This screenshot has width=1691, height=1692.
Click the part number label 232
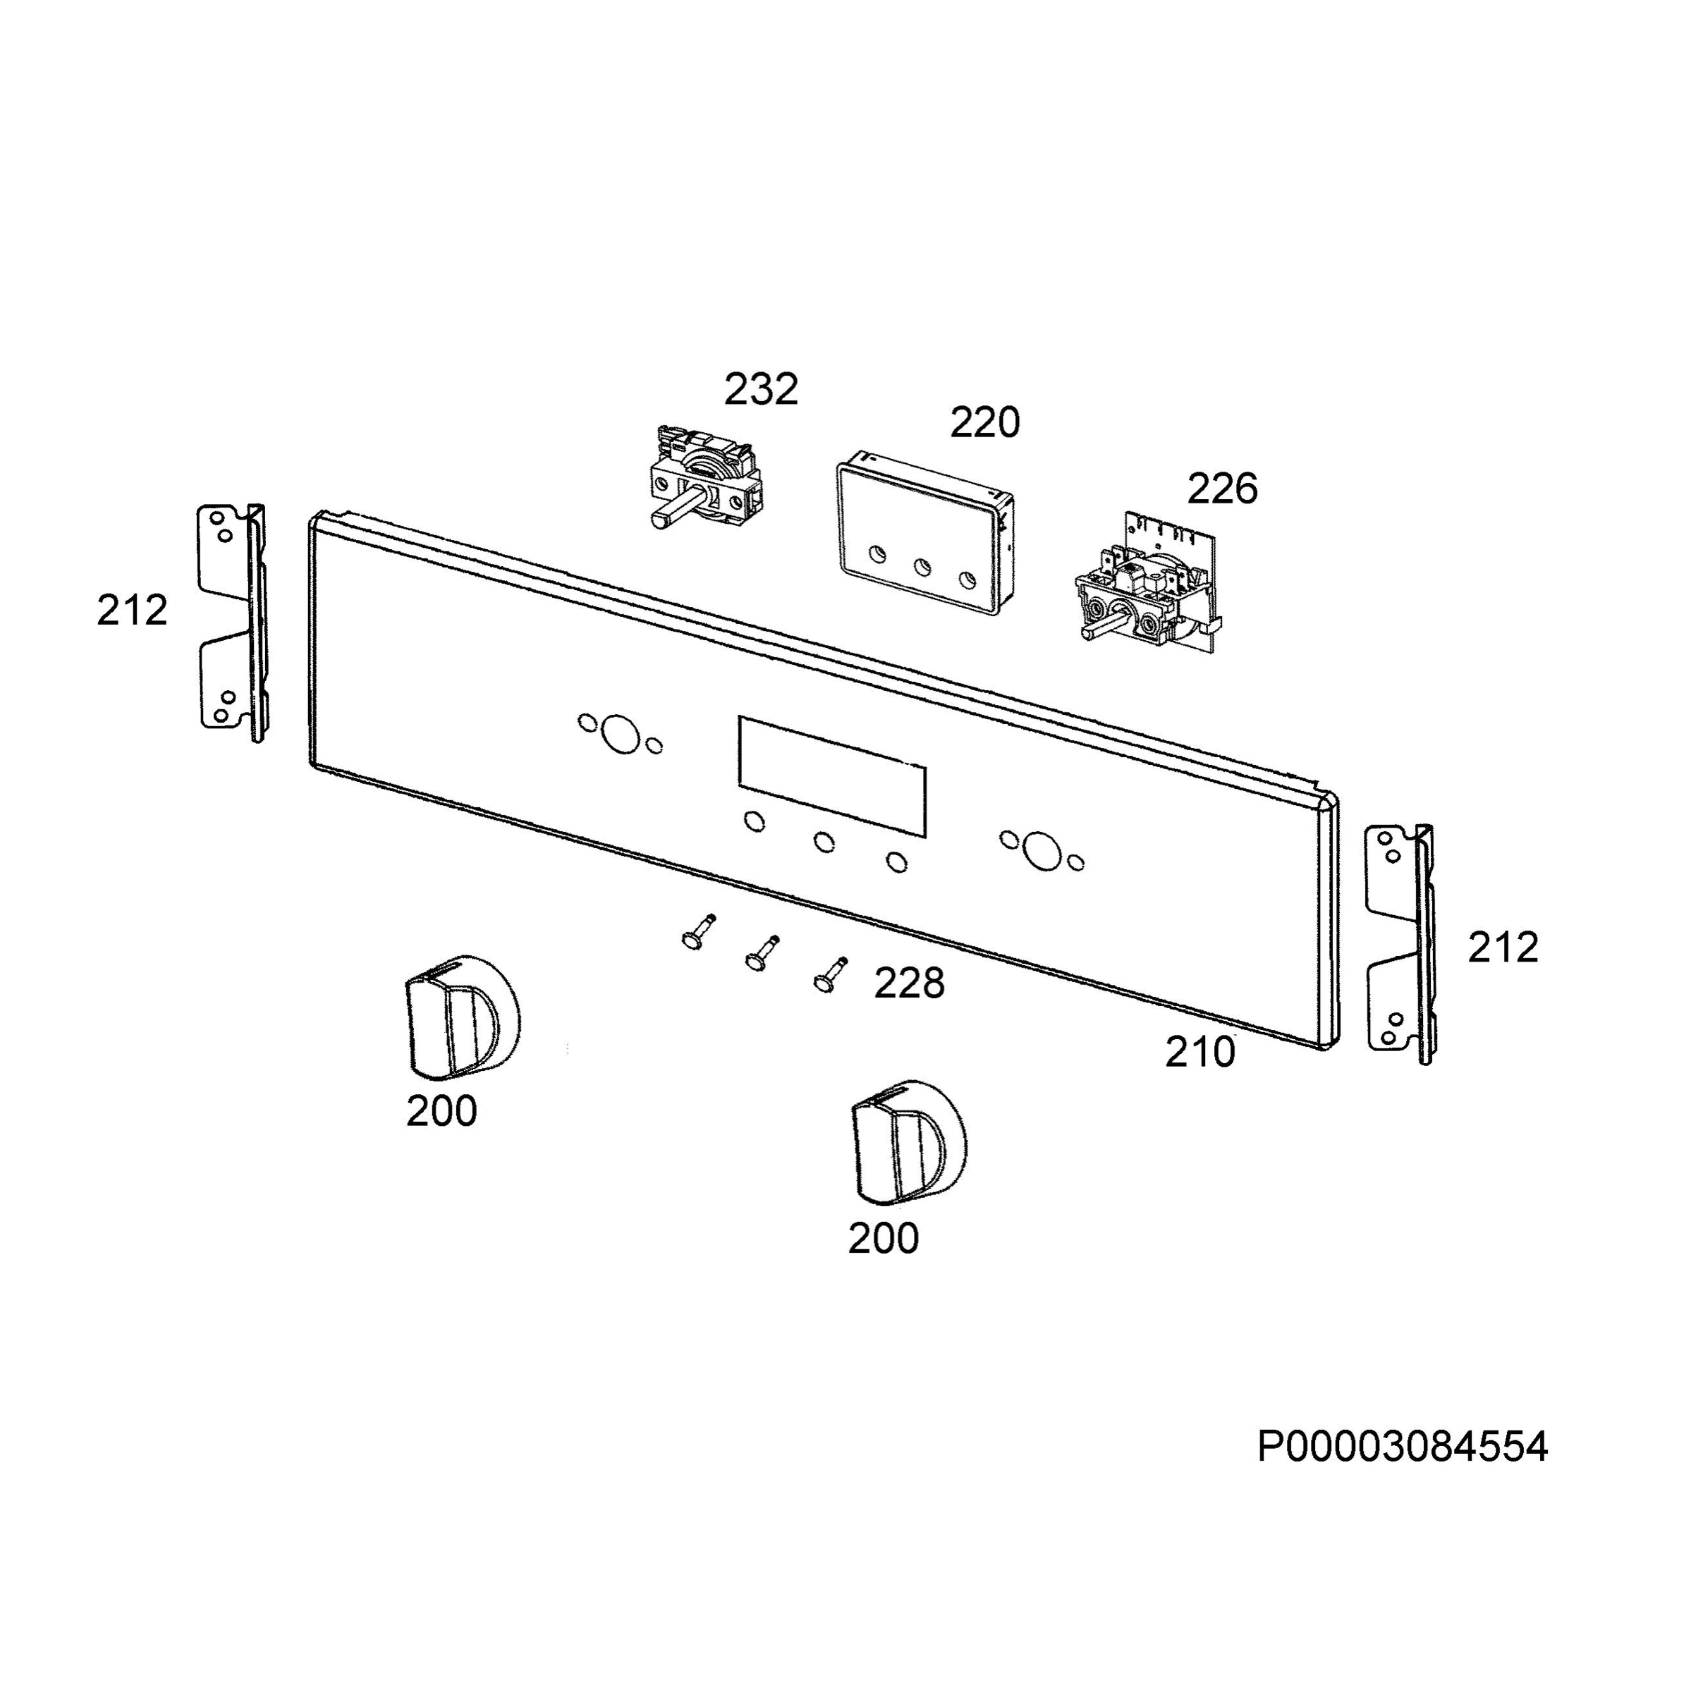click(760, 390)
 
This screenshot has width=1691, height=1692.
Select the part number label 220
click(985, 423)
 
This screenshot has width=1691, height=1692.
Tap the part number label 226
click(1222, 489)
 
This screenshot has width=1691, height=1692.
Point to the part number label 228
click(910, 983)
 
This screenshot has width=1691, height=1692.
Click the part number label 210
click(1199, 1052)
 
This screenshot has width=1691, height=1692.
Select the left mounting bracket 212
click(232, 623)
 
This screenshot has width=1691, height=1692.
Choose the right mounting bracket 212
click(1401, 943)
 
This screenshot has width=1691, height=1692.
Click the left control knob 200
click(462, 1017)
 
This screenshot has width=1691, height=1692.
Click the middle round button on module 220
click(922, 568)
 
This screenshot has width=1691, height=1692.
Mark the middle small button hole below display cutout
click(824, 842)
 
